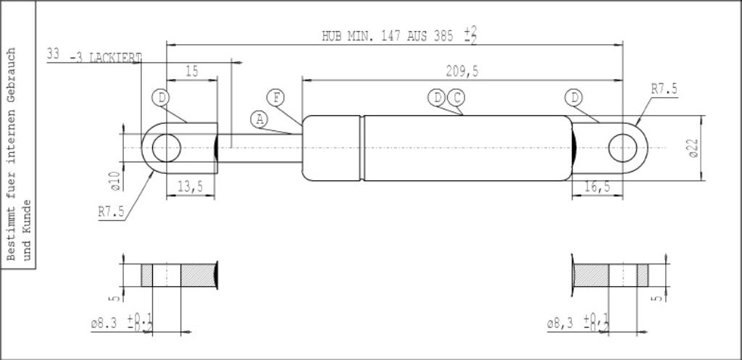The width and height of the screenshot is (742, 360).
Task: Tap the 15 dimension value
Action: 192,71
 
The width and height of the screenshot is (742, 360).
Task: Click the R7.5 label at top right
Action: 664,89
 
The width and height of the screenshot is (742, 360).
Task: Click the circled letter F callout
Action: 275,97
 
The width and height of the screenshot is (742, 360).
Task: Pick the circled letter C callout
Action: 456,97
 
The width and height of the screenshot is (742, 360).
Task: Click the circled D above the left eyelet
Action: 160,97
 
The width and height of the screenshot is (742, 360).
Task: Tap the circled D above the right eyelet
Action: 574,97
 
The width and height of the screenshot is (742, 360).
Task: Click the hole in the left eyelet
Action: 166,148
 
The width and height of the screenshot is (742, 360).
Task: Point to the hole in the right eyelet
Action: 621,148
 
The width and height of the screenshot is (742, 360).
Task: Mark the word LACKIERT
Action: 114,57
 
